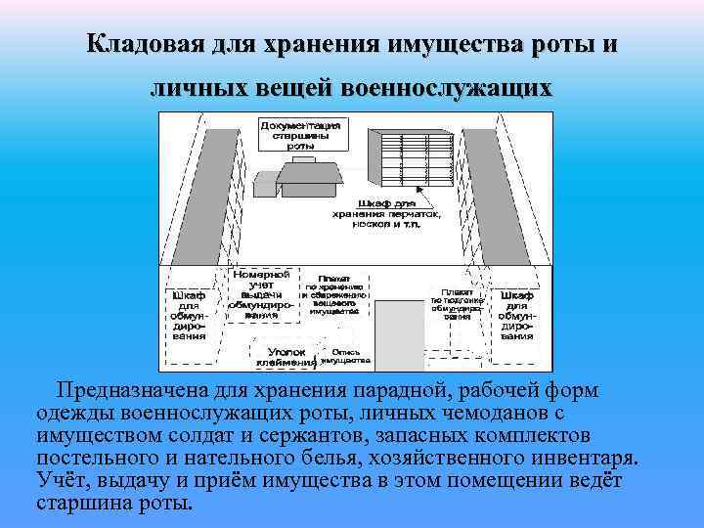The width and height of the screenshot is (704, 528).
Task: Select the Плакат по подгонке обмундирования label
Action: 457,303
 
